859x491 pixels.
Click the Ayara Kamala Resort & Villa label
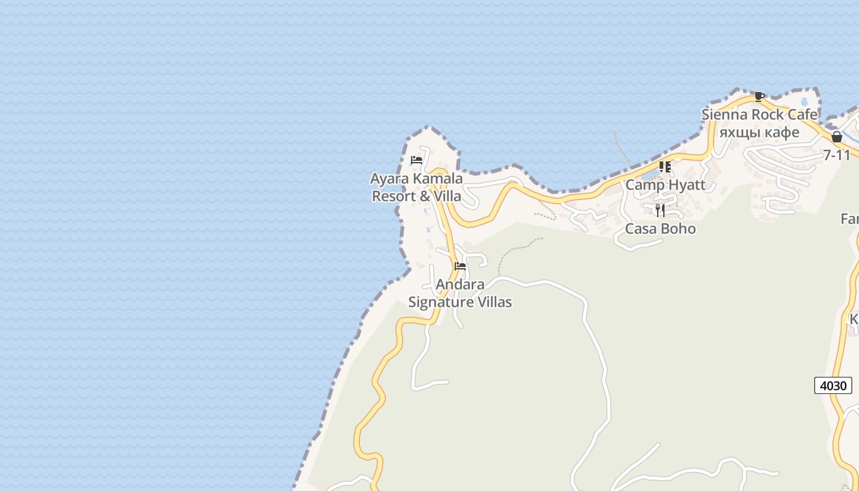[x=417, y=187]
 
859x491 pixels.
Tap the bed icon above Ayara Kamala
[x=417, y=160]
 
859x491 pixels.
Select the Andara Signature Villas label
[x=460, y=293]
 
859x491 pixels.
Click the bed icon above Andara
[x=460, y=266]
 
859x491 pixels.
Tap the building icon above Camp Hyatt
[x=665, y=167]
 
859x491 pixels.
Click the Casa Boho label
[x=660, y=229]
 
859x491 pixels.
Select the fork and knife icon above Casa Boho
[x=660, y=211]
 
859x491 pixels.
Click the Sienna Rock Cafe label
[x=760, y=115]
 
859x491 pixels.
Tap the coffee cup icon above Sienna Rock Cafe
[x=760, y=96]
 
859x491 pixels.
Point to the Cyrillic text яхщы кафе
[x=760, y=132]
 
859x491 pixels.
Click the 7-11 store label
[x=837, y=155]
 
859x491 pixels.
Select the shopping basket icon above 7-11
[x=837, y=137]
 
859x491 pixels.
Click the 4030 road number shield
[x=833, y=386]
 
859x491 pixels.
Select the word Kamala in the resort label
[x=437, y=179]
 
